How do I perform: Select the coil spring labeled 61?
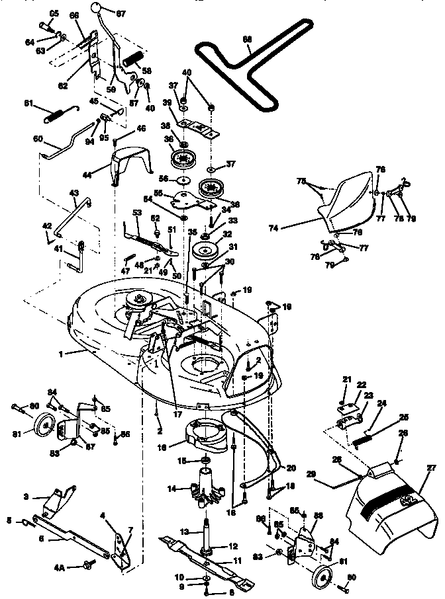coord(57,112)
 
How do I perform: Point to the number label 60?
coord(38,140)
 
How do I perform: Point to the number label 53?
coord(137,213)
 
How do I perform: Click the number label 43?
coord(74,193)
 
